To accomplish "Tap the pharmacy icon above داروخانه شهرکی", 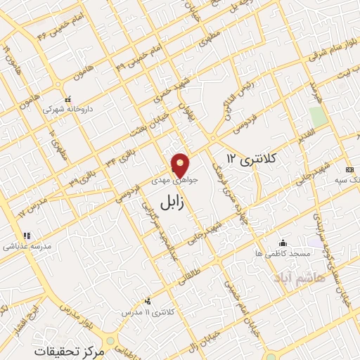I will (67, 99).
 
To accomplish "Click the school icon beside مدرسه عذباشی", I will (27, 236).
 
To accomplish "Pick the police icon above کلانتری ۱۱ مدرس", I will (147, 300).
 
